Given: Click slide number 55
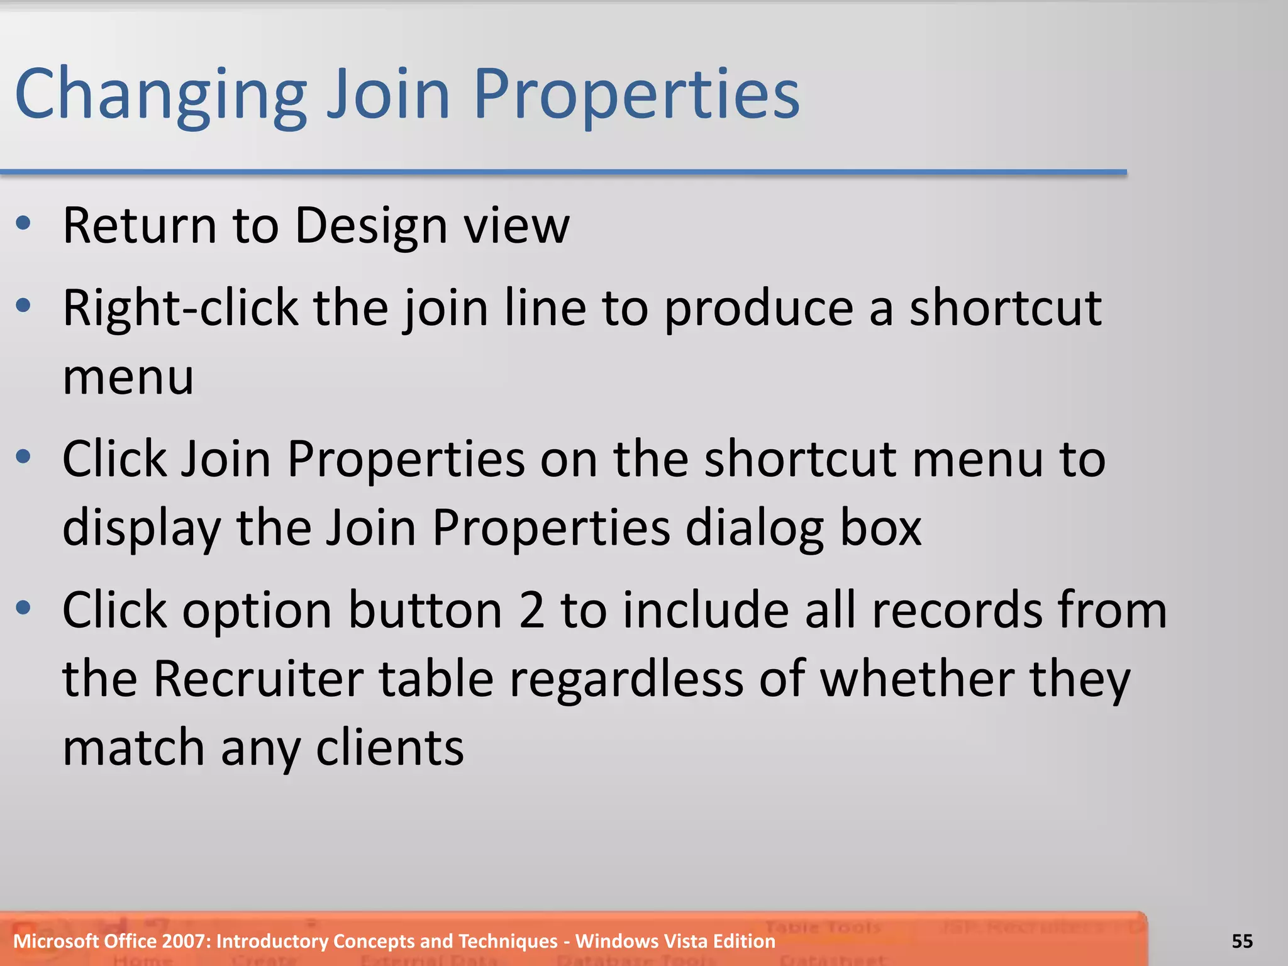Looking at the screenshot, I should (1241, 941).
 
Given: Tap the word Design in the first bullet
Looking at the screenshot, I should (371, 226).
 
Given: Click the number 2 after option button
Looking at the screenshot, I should (531, 610).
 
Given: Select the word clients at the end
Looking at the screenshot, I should (389, 748).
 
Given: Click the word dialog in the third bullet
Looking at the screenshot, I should (754, 528).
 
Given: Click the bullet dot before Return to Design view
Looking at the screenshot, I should (24, 223).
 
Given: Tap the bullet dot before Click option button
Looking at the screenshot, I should (24, 608).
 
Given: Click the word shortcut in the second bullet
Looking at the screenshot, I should (1005, 308).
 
